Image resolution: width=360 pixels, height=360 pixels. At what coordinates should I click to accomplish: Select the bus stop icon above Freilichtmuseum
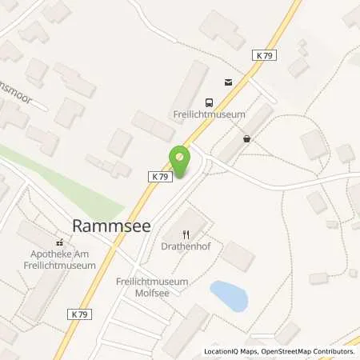pyautogui.click(x=210, y=102)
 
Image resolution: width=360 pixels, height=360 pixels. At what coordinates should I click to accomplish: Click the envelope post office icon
pyautogui.click(x=228, y=81)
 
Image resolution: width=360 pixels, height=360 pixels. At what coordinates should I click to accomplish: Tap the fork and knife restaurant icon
pyautogui.click(x=186, y=234)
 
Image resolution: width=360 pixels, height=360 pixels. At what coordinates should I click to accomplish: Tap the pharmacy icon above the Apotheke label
pyautogui.click(x=58, y=242)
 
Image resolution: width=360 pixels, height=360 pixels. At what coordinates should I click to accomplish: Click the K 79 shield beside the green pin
pyautogui.click(x=158, y=176)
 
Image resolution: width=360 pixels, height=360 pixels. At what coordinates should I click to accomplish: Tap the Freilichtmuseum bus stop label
pyautogui.click(x=209, y=114)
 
